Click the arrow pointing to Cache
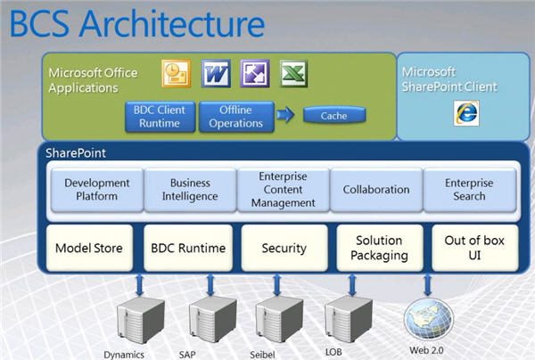(x=284, y=116)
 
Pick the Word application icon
(x=216, y=72)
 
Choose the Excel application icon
(x=294, y=72)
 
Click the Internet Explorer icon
(x=465, y=110)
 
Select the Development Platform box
(x=96, y=190)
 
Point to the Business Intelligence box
(x=190, y=190)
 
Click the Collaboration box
(x=376, y=190)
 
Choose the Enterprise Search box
(x=469, y=190)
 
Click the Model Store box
(x=89, y=249)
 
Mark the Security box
(x=284, y=249)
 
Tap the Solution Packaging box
(x=379, y=249)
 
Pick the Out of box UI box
(x=474, y=249)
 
